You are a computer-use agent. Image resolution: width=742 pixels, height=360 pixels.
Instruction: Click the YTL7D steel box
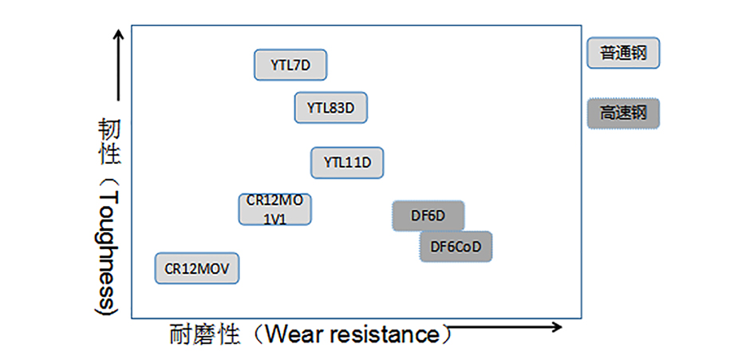point(290,65)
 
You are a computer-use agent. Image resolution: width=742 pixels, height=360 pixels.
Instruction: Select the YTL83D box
point(331,108)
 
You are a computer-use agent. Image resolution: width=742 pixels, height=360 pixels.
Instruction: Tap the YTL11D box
point(347,162)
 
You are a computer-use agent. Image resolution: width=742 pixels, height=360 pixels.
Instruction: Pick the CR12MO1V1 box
point(274,209)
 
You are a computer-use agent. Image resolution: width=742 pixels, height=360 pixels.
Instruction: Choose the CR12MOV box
point(196,268)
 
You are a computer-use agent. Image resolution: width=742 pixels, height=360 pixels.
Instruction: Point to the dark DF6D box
point(428,216)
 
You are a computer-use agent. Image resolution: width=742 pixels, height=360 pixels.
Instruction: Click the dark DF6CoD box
point(456,247)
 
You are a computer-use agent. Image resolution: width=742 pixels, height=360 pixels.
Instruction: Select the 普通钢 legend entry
point(623,53)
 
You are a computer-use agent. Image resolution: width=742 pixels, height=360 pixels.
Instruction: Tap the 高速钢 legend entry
point(623,113)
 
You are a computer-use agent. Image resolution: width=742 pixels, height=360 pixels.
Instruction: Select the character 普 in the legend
point(609,53)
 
